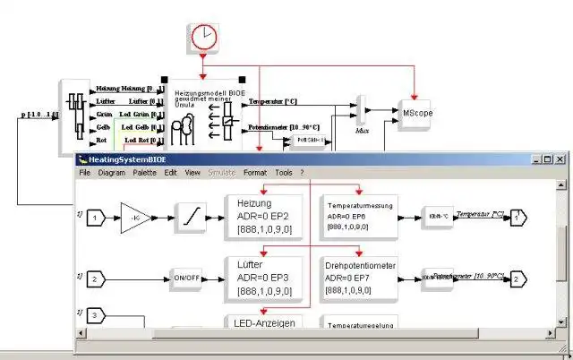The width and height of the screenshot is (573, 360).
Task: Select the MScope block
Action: click(415, 114)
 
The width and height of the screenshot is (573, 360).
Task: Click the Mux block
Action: click(363, 111)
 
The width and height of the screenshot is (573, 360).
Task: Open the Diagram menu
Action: click(112, 172)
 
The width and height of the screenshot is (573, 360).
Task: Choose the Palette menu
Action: click(145, 172)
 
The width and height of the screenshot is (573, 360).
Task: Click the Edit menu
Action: click(170, 172)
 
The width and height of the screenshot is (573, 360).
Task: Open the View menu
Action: click(192, 172)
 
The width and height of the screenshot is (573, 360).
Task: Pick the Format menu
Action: click(255, 172)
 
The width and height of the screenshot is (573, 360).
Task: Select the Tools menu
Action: click(284, 172)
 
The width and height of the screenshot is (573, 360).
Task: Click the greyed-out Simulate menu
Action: click(223, 172)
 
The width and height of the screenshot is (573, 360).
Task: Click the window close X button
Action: click(560, 159)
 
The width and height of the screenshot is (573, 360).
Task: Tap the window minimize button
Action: click(536, 159)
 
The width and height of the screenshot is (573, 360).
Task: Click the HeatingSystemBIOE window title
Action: click(134, 159)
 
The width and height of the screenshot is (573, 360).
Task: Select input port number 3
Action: click(98, 314)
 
